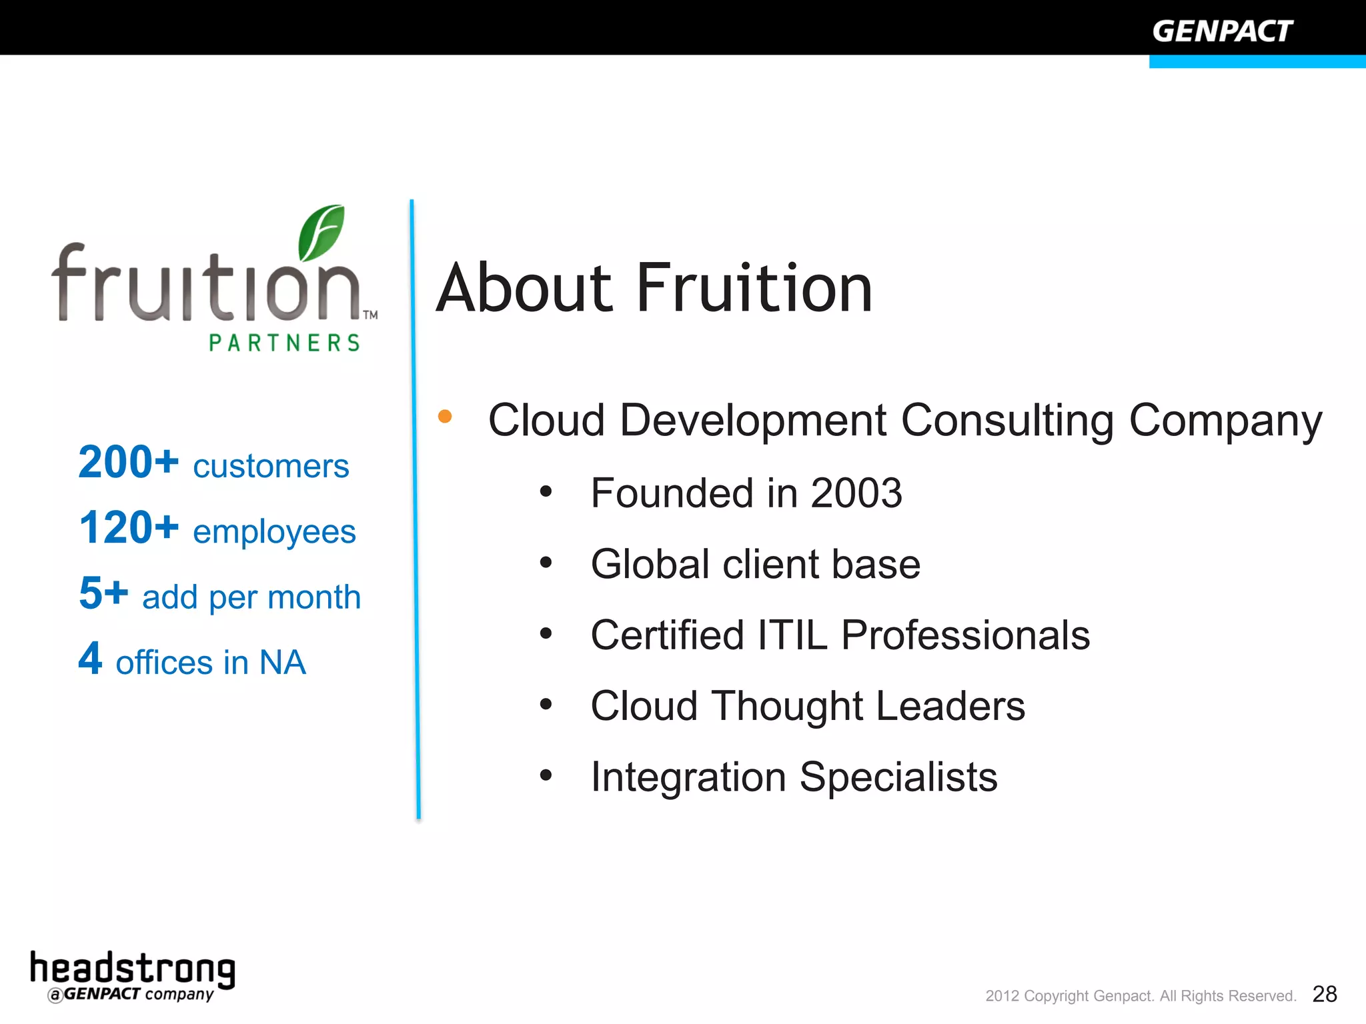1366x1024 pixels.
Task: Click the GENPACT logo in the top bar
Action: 1222,31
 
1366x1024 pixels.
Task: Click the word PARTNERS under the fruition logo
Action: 285,343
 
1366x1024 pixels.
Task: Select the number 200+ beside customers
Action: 129,462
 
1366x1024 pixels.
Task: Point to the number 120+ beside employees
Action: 129,528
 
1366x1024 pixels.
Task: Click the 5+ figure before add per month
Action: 103,593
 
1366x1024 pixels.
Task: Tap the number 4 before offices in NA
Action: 91,659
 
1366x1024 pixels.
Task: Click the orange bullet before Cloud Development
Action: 445,417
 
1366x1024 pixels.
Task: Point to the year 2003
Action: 856,493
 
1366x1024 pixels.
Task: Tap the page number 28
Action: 1324,994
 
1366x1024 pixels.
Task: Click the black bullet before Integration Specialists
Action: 546,775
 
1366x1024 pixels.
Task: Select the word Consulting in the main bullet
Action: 1007,421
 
